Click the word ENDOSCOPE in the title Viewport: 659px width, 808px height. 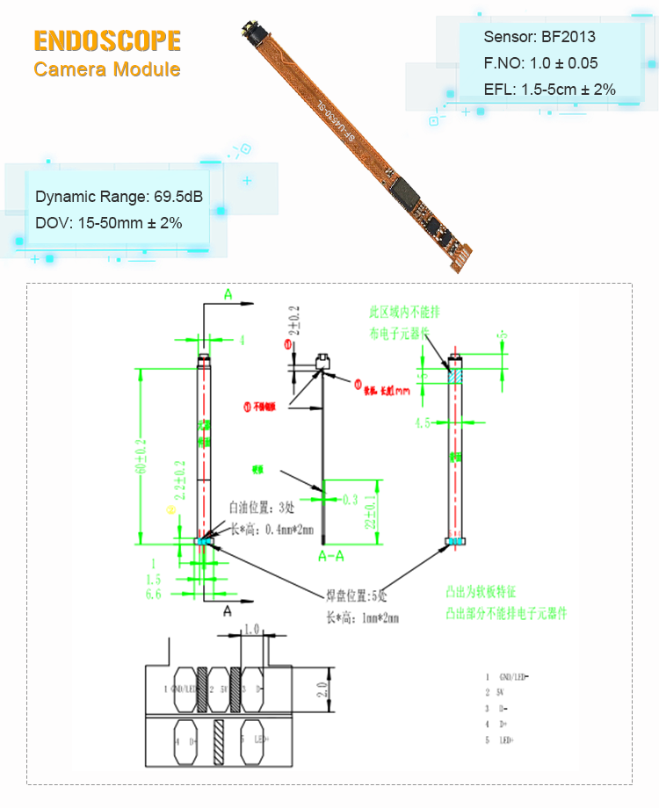(x=107, y=41)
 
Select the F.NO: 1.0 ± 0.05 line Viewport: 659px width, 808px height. (x=540, y=63)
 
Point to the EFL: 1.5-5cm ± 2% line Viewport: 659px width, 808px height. (x=549, y=90)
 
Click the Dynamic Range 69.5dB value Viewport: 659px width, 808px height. (x=119, y=197)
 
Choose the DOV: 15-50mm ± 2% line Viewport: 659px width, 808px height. (x=109, y=223)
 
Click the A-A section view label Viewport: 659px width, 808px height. (x=335, y=556)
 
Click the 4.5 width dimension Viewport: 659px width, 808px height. (x=423, y=423)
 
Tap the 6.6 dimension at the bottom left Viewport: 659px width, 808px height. (x=153, y=594)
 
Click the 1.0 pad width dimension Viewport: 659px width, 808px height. (x=252, y=630)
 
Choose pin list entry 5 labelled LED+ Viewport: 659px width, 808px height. (x=510, y=740)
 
